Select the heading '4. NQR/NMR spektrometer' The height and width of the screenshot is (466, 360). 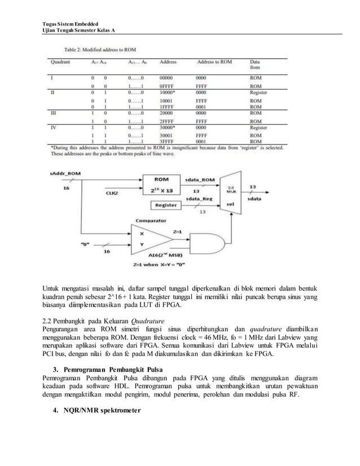95,419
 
